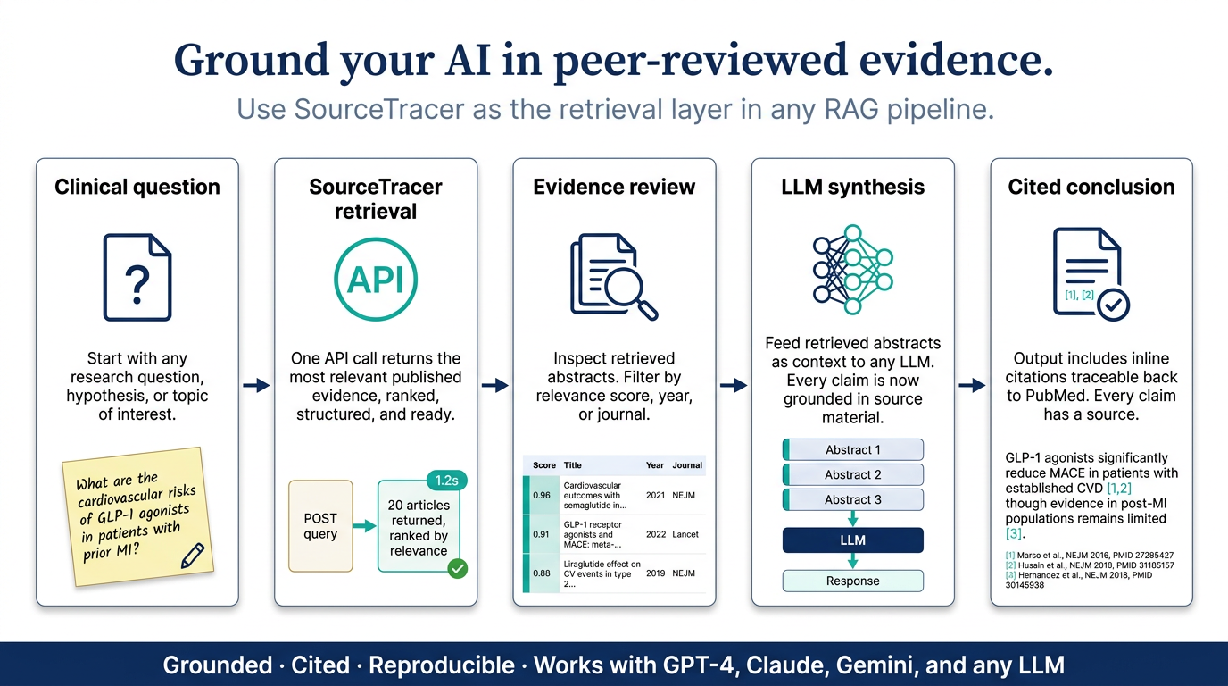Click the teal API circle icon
[376, 279]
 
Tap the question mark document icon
[137, 277]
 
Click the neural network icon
[852, 269]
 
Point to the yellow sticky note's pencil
[193, 556]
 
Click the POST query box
[320, 526]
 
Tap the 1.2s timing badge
[446, 481]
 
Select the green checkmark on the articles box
[457, 569]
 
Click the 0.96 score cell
[541, 495]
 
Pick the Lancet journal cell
[685, 534]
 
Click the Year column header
[654, 464]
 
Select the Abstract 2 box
[852, 474]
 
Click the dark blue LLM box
[852, 540]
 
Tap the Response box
[852, 581]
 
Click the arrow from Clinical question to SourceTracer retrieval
[256, 385]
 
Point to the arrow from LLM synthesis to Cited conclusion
[972, 385]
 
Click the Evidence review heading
[614, 187]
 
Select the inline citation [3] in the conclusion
[1014, 533]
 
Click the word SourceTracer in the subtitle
[379, 109]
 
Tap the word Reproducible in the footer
[441, 665]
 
